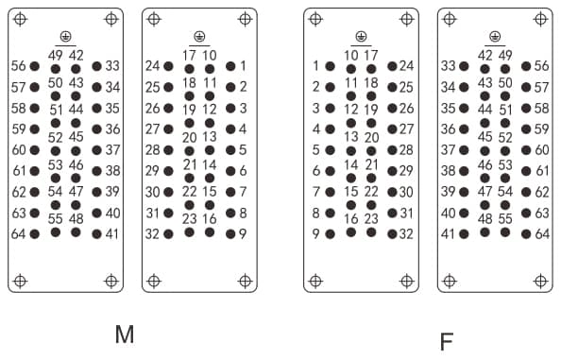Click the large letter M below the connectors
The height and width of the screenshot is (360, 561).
click(x=125, y=334)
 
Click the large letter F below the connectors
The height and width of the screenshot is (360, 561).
click(x=447, y=341)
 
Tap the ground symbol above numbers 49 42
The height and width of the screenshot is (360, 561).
click(x=65, y=37)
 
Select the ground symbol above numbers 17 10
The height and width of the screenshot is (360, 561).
click(x=199, y=37)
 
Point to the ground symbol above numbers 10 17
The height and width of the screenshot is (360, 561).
click(x=361, y=37)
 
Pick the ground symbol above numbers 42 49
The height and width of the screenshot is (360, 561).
click(x=495, y=37)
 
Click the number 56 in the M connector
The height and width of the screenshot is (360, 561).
click(x=19, y=66)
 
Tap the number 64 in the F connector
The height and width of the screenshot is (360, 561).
click(x=542, y=234)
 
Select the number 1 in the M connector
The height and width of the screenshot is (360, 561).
click(x=244, y=66)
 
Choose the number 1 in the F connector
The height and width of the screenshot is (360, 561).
click(x=315, y=66)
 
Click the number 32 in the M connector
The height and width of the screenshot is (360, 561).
click(x=152, y=234)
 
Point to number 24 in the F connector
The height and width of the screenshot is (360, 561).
click(x=406, y=66)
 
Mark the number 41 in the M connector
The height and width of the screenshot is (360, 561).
click(x=112, y=234)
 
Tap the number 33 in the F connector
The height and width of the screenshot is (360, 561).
click(x=448, y=66)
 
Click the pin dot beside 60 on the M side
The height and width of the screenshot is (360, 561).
click(x=35, y=150)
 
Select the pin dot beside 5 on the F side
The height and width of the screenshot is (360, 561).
click(x=330, y=150)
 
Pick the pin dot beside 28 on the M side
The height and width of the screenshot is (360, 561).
click(x=168, y=150)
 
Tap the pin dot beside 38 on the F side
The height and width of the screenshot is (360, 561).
click(x=464, y=171)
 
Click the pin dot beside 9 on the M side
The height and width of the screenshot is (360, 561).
click(x=230, y=234)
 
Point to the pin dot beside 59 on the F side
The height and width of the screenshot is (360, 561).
click(x=526, y=129)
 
